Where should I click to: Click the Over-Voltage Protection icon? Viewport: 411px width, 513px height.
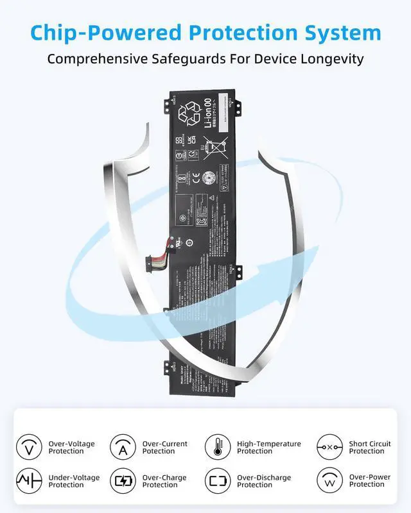(x=29, y=447)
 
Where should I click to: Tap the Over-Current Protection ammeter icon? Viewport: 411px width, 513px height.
(x=123, y=447)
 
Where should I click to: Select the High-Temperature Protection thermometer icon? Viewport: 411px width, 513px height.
(x=218, y=447)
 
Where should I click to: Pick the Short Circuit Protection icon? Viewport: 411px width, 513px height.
(x=329, y=447)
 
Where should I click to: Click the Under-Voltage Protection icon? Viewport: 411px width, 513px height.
(x=29, y=481)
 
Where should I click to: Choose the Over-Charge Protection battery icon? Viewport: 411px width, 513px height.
(x=123, y=481)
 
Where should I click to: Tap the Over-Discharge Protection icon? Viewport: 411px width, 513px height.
(x=218, y=481)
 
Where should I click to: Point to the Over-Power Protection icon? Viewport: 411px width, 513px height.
(x=329, y=481)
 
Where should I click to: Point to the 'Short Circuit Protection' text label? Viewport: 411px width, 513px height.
(x=370, y=447)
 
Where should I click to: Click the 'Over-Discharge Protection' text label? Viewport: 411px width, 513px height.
(x=264, y=481)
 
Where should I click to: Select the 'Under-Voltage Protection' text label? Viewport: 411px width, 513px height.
(x=74, y=481)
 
